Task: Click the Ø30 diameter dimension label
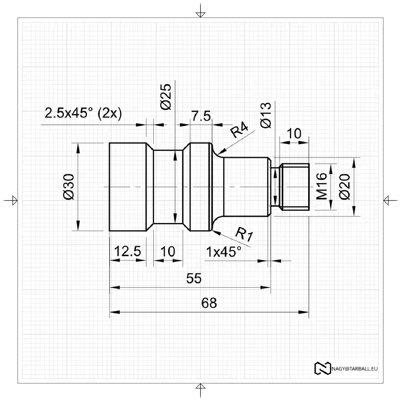[x=70, y=186]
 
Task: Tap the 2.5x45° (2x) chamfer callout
[x=83, y=113]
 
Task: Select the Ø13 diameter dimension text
[x=266, y=115]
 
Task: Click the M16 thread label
[x=322, y=186]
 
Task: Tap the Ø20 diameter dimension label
[x=345, y=186]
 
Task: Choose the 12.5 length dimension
[x=127, y=251]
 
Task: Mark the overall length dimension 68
[x=209, y=303]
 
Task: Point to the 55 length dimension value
[x=193, y=278]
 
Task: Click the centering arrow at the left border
[x=12, y=200]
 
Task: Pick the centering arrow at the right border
[x=388, y=200]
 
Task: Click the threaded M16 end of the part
[x=296, y=187]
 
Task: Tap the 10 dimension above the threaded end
[x=294, y=134]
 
